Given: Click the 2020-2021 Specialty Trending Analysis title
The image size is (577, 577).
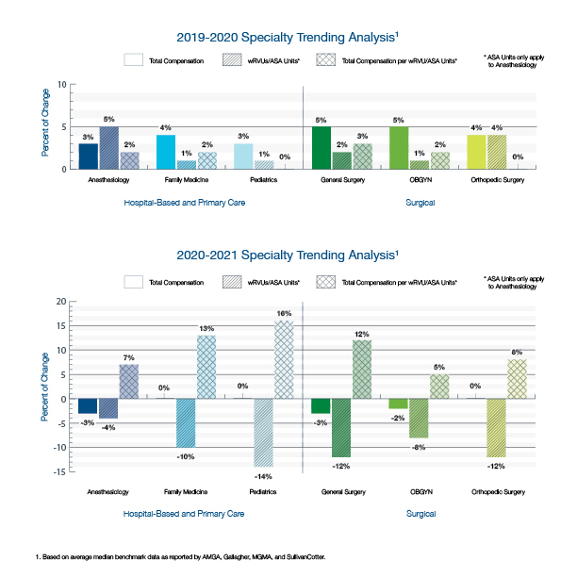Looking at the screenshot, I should coord(288,255).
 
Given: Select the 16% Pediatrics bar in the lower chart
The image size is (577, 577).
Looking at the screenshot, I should coord(284,359).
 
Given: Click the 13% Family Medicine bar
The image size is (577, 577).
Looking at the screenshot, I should coord(206,367).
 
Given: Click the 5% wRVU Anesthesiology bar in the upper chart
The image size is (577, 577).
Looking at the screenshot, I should coord(107,148).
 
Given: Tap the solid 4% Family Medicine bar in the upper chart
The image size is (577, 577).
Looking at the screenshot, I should coord(166,152).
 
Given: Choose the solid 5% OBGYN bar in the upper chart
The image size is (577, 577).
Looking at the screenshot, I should coord(399,148).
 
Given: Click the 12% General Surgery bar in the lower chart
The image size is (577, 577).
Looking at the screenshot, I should coord(361,370).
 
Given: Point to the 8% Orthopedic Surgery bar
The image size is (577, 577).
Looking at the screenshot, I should coord(518,379).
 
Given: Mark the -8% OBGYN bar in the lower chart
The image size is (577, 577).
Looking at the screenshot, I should coord(419,419).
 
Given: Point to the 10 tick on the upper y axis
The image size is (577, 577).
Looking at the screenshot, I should coord(61,85).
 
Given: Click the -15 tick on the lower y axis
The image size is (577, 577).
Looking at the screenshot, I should coord(59,471).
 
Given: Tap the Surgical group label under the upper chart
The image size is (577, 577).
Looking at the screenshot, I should coord(420,202).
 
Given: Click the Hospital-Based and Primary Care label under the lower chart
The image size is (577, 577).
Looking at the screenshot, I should coord(185,514).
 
